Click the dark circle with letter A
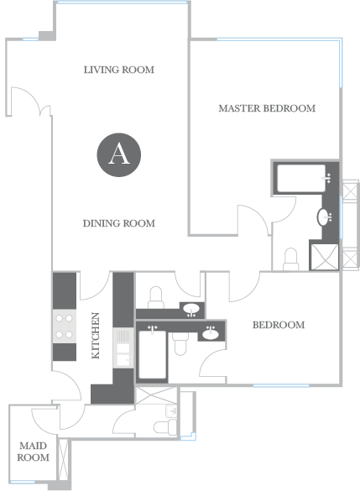[x=118, y=154]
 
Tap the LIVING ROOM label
[x=119, y=70]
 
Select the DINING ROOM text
[x=119, y=223]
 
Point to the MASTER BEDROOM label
[x=267, y=108]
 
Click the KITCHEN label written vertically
[x=95, y=336]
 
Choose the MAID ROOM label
[x=34, y=452]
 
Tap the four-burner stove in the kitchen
[x=64, y=326]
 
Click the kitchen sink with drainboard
[x=123, y=347]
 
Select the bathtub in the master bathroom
[x=302, y=179]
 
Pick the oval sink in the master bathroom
[x=323, y=217]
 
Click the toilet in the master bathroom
[x=291, y=259]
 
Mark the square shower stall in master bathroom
[x=324, y=257]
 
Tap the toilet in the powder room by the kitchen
[x=156, y=297]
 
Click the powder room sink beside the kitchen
[x=191, y=310]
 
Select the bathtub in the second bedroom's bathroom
[x=153, y=354]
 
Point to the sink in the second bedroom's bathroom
[x=211, y=334]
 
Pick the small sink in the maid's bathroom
[x=171, y=410]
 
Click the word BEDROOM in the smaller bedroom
[x=279, y=325]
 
